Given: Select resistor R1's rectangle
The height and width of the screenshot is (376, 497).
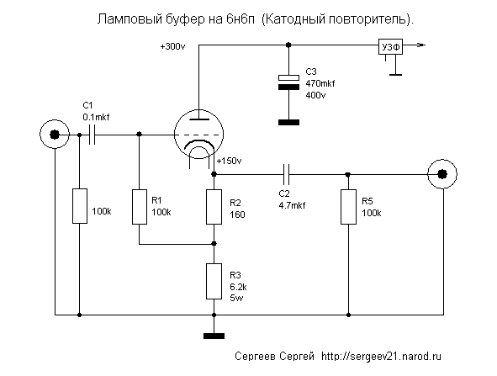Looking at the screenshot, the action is pyautogui.click(x=139, y=207).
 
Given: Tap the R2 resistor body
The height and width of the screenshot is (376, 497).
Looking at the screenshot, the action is pyautogui.click(x=214, y=207).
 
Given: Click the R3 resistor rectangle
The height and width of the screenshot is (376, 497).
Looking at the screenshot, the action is pyautogui.click(x=214, y=282).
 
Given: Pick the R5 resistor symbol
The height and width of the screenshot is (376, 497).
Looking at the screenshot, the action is pyautogui.click(x=348, y=207).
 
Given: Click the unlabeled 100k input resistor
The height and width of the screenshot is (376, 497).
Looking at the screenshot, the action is pyautogui.click(x=80, y=206).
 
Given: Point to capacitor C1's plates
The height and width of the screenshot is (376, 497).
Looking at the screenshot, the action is pyautogui.click(x=92, y=135).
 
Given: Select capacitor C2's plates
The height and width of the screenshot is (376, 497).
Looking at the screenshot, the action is pyautogui.click(x=286, y=174).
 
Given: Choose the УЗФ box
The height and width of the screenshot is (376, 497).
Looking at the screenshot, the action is pyautogui.click(x=390, y=47).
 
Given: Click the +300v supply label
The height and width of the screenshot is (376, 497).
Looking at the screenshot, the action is pyautogui.click(x=172, y=47).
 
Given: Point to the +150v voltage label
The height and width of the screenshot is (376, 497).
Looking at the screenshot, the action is pyautogui.click(x=230, y=161).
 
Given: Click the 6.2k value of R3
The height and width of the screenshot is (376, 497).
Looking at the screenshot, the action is pyautogui.click(x=238, y=287).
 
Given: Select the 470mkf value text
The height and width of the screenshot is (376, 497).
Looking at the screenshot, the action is pyautogui.click(x=320, y=83).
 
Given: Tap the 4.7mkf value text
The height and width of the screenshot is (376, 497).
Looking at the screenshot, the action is pyautogui.click(x=292, y=205).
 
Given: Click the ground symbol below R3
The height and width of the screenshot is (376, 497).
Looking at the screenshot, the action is pyautogui.click(x=214, y=336).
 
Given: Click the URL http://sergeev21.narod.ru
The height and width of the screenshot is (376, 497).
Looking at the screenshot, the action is pyautogui.click(x=381, y=357).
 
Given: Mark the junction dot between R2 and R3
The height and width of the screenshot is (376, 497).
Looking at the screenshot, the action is pyautogui.click(x=214, y=243).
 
